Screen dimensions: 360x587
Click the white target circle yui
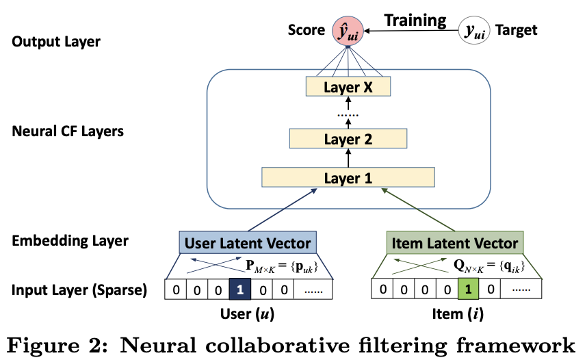[x=474, y=31]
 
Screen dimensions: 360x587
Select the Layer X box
[x=348, y=87]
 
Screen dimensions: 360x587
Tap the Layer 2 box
[x=348, y=139]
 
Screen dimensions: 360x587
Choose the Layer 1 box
[x=348, y=178]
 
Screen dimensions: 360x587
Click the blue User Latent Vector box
[x=247, y=243]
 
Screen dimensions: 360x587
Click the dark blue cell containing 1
[x=239, y=290]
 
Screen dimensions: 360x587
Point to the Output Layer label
[x=56, y=42]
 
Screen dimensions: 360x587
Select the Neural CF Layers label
[x=68, y=130]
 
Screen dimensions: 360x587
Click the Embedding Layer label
[x=70, y=241]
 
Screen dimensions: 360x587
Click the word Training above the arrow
[x=415, y=20]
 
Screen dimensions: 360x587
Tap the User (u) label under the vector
[x=248, y=315]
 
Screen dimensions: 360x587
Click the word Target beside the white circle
[x=516, y=30]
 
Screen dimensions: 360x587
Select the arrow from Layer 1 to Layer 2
[x=348, y=158]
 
